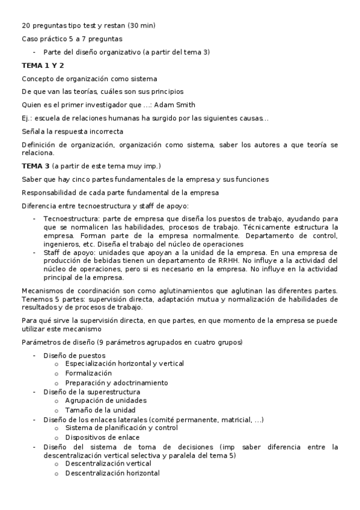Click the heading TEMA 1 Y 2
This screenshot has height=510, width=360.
43,66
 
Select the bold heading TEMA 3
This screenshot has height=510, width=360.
35,166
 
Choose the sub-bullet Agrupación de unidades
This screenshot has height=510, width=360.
105,400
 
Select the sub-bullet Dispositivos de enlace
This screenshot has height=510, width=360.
102,437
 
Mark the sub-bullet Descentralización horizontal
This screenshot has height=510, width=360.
112,473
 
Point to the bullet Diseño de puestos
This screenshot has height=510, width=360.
74,355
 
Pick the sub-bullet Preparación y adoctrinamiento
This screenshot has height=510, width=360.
116,382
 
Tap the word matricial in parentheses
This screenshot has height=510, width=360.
237,419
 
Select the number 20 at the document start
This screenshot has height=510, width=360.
26,25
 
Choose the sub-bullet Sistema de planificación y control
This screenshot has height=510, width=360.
121,428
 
